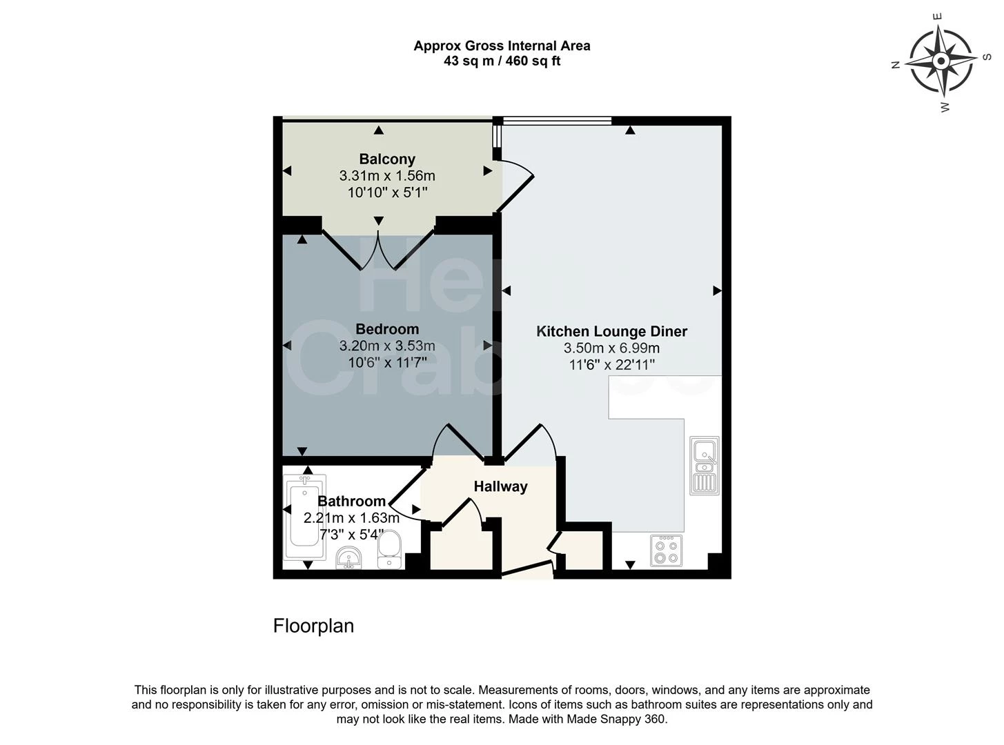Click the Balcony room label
387,159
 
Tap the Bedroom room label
387,329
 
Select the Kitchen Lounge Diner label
611,331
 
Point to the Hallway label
501,486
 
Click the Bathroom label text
352,501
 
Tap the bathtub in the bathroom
304,517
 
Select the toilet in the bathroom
389,550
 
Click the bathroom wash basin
348,557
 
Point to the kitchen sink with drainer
705,466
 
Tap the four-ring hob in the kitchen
667,550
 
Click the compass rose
941,61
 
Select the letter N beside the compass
895,65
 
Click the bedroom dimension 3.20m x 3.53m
387,346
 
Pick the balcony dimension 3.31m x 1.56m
387,176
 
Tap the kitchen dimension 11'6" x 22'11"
611,364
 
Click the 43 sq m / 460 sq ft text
502,61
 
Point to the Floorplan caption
313,626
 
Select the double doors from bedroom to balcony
378,250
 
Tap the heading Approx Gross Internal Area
502,46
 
